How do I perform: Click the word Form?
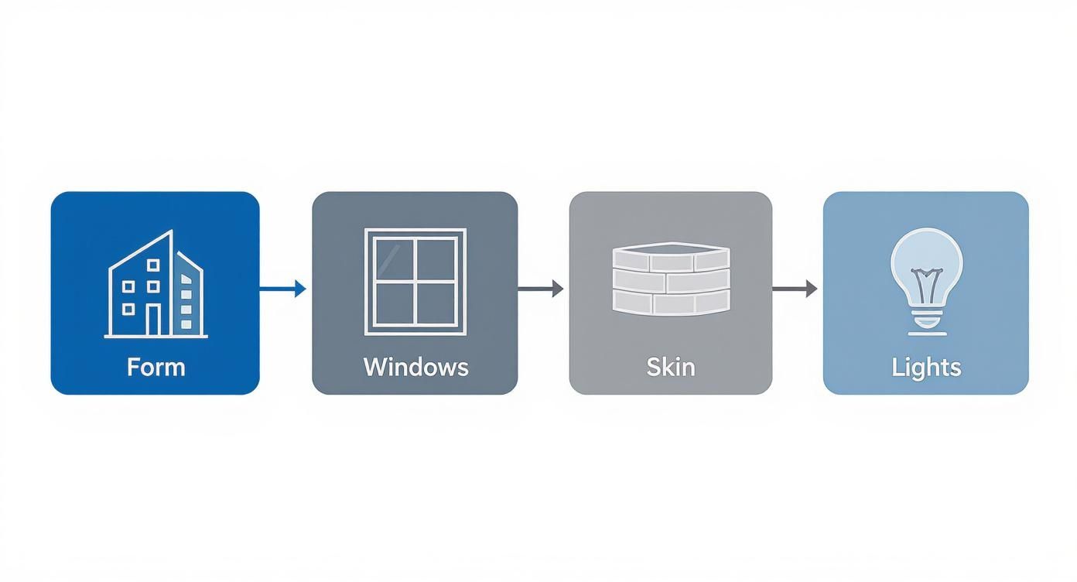[156, 366]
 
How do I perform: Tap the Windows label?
[415, 366]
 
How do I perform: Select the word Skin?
[671, 366]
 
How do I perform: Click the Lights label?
[926, 366]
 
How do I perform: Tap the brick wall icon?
[671, 278]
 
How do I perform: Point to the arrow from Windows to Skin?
[540, 289]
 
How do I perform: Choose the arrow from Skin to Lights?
[795, 289]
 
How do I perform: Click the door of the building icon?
[154, 320]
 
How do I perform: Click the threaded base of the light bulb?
[926, 317]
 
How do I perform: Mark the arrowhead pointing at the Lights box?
[811, 289]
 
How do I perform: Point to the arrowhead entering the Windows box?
[301, 289]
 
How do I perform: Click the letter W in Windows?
[374, 366]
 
